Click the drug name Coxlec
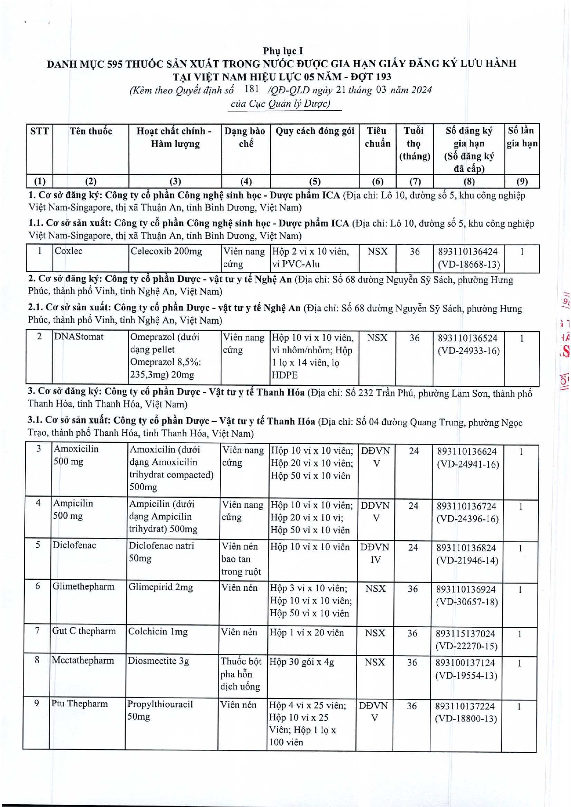coord(69,251)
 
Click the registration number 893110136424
coord(468,252)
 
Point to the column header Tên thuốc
coord(91,132)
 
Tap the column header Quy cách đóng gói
coord(315,132)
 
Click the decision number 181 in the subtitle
coord(252,89)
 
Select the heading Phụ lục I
coord(283,51)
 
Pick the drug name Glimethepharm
coord(83,586)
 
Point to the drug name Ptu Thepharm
coord(80,704)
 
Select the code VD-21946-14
coord(467,561)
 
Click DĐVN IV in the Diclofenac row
coord(375,553)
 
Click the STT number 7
coord(37,630)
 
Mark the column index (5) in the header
coord(315,181)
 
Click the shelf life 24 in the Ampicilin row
coord(413,506)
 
